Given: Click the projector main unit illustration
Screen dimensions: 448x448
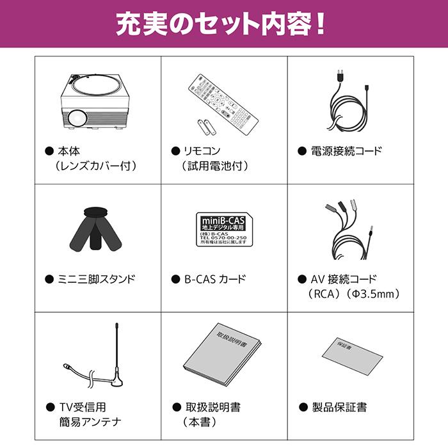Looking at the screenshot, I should point(96,102).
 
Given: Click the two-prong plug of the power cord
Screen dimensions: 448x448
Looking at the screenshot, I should point(337,76).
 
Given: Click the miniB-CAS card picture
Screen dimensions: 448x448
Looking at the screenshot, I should point(221,230).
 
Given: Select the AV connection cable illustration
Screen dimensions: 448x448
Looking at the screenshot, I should point(349,230).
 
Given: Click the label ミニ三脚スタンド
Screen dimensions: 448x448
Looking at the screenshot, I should point(97,280).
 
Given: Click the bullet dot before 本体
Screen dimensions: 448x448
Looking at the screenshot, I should point(49,152).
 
